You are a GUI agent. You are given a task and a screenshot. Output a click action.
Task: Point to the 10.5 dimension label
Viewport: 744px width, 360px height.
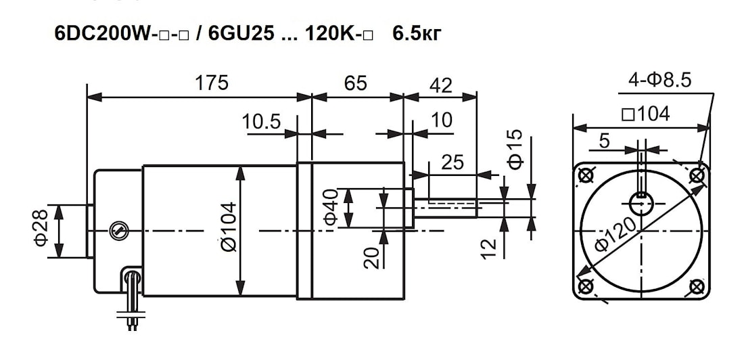(x=262, y=122)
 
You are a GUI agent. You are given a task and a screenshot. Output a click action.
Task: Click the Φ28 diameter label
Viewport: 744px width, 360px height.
(x=41, y=227)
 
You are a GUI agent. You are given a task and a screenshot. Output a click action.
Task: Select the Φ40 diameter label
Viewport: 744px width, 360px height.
(x=330, y=206)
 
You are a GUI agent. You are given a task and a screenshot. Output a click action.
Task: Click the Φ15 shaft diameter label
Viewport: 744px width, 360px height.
(x=515, y=149)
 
